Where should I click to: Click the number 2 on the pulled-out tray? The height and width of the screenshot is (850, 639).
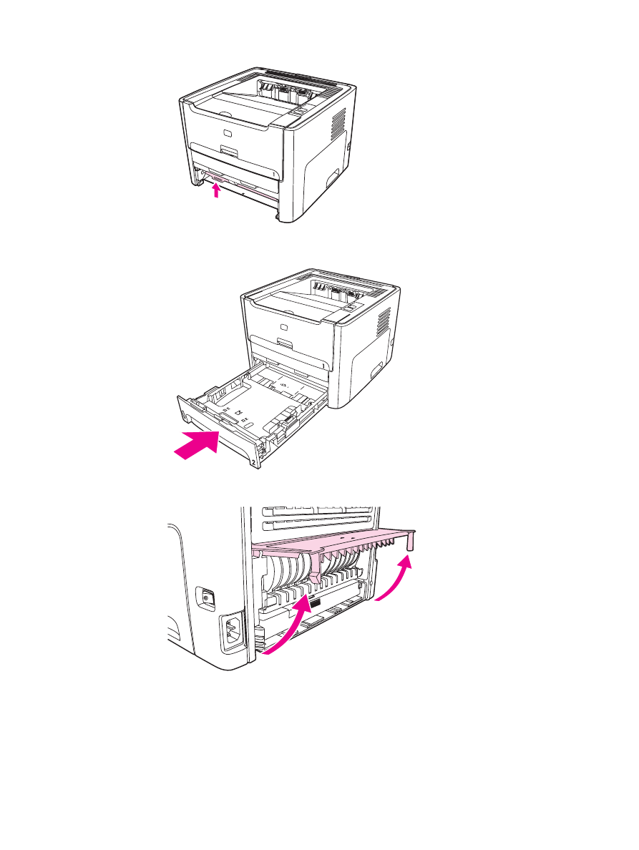click(x=254, y=464)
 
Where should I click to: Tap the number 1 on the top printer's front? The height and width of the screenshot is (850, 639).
click(x=275, y=172)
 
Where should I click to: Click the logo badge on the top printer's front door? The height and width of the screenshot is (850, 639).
click(x=228, y=134)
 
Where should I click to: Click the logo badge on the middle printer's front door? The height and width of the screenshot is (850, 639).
click(x=284, y=328)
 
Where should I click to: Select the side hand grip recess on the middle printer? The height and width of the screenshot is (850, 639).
click(x=376, y=370)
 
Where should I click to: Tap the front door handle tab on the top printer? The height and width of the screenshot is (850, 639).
click(x=229, y=151)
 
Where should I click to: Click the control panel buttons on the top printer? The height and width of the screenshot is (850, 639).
click(x=296, y=112)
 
